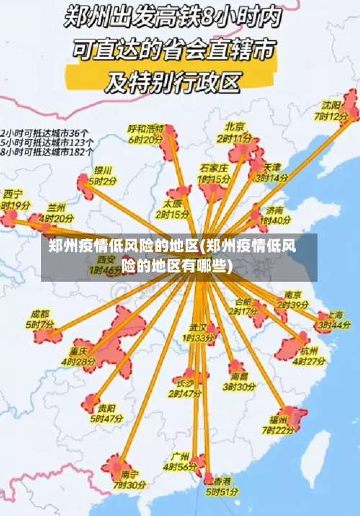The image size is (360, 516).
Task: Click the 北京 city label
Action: click(235, 125)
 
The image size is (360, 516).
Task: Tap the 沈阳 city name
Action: click(332, 104)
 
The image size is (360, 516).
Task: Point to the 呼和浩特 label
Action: click(146, 128)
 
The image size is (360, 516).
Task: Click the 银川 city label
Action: click(103, 171)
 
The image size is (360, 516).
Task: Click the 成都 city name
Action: click(40, 314)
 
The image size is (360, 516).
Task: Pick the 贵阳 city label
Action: click(107, 407)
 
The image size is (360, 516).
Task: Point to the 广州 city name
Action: click(180, 457)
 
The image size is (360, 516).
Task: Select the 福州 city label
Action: click(278, 419)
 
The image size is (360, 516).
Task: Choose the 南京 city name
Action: click(292, 294)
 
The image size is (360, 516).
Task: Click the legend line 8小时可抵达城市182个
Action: click(47, 152)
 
